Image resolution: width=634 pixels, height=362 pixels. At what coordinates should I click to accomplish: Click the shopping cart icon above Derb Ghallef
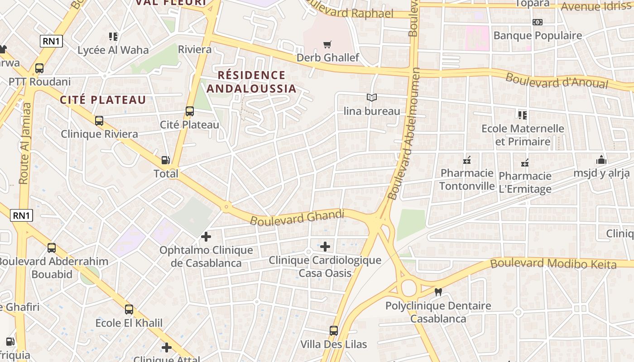[x=327, y=44]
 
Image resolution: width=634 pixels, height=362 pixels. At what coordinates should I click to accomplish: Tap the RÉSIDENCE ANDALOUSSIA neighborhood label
[x=251, y=81]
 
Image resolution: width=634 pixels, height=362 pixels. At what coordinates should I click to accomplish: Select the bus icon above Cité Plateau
[x=190, y=111]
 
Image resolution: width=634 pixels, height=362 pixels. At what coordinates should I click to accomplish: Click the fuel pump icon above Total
[x=166, y=160]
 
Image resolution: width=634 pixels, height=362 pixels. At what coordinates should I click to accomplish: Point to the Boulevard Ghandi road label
[x=297, y=218]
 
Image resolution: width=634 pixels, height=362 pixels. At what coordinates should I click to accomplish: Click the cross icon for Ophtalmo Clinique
[x=206, y=236]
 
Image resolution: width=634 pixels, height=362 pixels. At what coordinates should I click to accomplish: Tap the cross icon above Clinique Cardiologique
[x=325, y=247]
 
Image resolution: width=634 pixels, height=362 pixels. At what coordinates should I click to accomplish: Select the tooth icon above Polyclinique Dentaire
[x=438, y=292]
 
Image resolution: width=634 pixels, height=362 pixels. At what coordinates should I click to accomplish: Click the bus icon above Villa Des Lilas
[x=334, y=331]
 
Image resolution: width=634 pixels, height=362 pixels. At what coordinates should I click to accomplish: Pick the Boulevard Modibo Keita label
[x=553, y=263]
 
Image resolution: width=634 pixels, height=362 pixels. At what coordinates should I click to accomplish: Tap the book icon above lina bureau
[x=372, y=97]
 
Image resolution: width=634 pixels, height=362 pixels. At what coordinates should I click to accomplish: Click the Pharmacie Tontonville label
[x=467, y=180]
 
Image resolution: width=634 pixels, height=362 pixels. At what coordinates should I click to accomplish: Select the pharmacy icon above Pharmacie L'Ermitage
[x=525, y=162]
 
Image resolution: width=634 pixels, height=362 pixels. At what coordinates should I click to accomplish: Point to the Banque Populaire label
[x=538, y=35]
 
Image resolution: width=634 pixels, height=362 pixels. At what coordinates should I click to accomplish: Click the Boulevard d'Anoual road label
[x=557, y=81]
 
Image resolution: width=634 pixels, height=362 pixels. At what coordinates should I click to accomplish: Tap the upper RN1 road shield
[x=51, y=41]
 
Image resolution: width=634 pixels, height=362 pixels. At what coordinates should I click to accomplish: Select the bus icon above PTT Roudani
[x=39, y=68]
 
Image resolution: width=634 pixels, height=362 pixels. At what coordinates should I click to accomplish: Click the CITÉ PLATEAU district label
[x=104, y=100]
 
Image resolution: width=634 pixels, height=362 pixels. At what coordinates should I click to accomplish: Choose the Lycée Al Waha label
[x=113, y=50]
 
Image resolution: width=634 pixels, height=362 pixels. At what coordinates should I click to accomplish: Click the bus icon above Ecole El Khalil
[x=129, y=310]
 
